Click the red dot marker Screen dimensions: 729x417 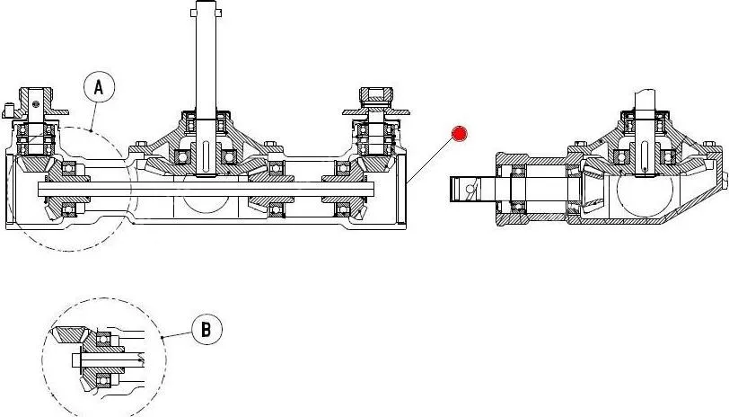[x=460, y=134]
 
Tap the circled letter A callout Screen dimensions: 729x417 [x=99, y=87]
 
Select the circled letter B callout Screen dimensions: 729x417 [x=206, y=330]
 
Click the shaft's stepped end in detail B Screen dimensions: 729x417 [x=75, y=359]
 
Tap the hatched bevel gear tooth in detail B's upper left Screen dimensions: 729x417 [x=69, y=336]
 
